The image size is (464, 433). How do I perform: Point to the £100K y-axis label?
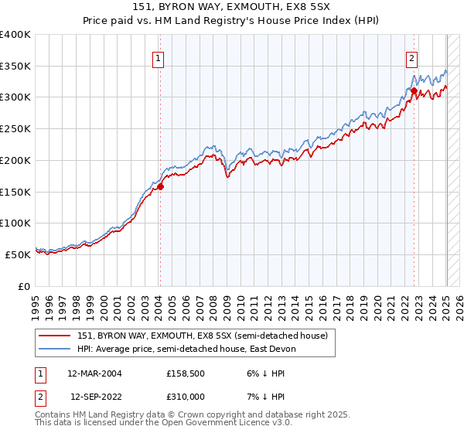[x=15, y=223]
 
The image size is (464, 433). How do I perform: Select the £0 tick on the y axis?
[x=24, y=286]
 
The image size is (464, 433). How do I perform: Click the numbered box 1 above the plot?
[x=158, y=57]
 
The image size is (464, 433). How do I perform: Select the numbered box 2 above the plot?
[x=412, y=57]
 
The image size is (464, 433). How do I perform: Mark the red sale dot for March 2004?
[x=161, y=186]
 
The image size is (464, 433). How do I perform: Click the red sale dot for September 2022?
[x=414, y=91]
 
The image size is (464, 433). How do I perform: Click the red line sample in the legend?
[x=55, y=336]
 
